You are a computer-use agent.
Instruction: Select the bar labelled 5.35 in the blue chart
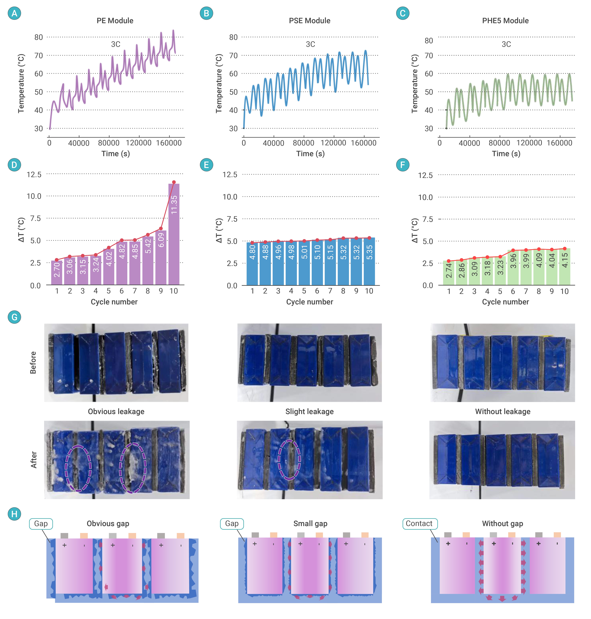coord(369,261)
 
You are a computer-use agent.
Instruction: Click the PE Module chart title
coord(115,21)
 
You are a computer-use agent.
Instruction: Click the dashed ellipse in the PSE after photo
coord(289,459)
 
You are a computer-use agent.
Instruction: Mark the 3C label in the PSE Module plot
coord(310,44)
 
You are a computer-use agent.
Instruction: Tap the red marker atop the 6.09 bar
coord(161,229)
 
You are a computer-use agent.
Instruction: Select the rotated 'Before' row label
coord(33,363)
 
